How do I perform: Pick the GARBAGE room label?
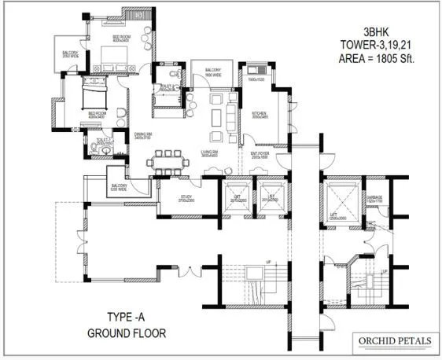374,199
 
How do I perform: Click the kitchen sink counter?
257,81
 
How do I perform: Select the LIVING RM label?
211,153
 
